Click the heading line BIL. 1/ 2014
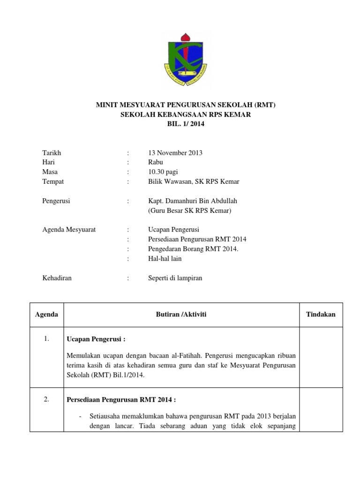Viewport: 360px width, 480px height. point(186,124)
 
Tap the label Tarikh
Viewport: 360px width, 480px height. point(52,153)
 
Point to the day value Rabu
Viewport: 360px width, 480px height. point(155,162)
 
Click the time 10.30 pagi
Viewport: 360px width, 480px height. point(163,172)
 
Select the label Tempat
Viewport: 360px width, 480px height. point(53,181)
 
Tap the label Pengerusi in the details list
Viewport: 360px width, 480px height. point(57,201)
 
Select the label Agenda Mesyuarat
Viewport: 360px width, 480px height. point(69,230)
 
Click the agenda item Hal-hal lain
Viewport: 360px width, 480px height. point(165,258)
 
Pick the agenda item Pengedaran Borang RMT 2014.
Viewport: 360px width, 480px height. point(193,249)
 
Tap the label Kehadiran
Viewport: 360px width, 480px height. point(57,278)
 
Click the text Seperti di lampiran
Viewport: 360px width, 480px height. point(175,278)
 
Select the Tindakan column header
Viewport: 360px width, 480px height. point(321,315)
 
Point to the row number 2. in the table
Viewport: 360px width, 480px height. point(46,399)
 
